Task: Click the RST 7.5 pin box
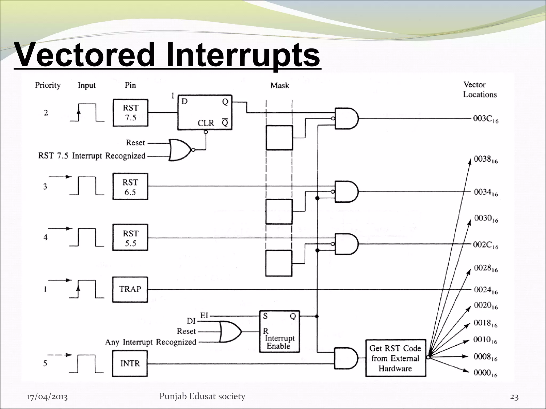[130, 113]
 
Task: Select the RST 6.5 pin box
[130, 187]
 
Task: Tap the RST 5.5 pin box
[130, 238]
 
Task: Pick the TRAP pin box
[130, 289]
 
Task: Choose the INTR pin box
[130, 363]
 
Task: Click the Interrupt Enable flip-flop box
[279, 332]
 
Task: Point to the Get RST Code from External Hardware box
[395, 358]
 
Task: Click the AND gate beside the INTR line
[346, 358]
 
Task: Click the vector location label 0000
[485, 373]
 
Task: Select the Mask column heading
[279, 85]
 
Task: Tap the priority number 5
[45, 363]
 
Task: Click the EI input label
[204, 316]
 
